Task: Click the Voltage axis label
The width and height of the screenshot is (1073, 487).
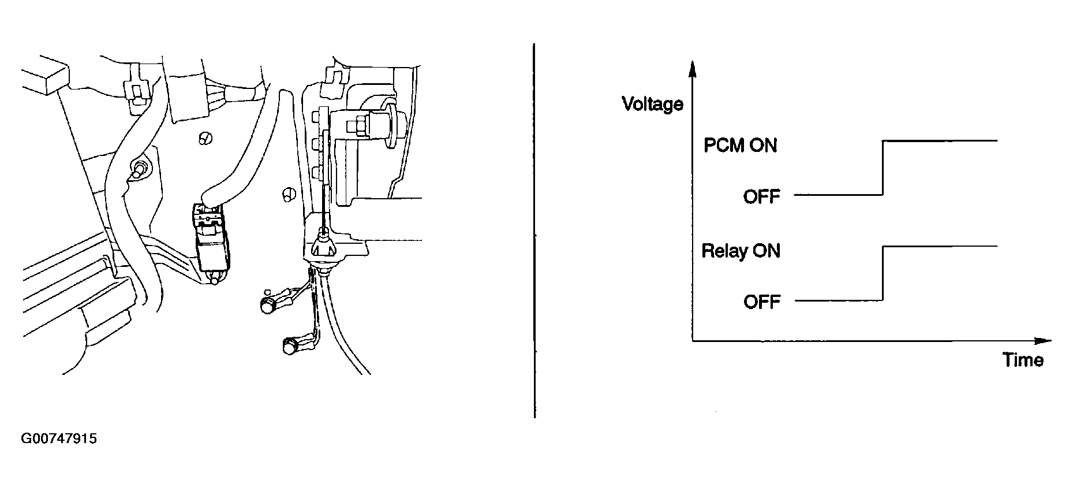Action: click(652, 104)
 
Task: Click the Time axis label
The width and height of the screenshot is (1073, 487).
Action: click(1023, 360)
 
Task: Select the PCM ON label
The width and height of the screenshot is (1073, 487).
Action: click(741, 145)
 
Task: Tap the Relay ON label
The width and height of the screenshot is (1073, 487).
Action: click(741, 251)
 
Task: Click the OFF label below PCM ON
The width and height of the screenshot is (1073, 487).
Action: click(761, 196)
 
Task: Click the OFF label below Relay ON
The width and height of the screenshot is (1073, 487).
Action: click(761, 302)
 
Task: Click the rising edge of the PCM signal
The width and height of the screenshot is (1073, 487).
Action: click(883, 168)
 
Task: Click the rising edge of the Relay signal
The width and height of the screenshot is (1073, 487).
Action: click(883, 273)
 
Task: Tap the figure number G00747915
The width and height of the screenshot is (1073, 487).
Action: click(59, 439)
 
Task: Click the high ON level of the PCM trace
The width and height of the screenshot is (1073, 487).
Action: click(940, 140)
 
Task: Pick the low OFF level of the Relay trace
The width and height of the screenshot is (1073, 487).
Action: click(839, 301)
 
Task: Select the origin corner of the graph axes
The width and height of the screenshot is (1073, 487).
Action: click(693, 341)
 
